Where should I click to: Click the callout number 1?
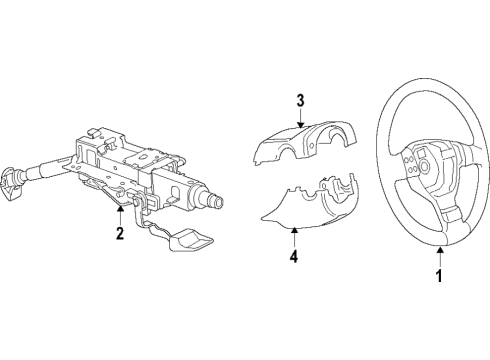click(439, 275)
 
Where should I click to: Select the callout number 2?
click(120, 233)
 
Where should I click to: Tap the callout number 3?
click(300, 100)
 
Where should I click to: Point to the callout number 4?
click(294, 256)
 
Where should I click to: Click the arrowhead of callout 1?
click(440, 249)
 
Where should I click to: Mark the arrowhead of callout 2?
click(120, 208)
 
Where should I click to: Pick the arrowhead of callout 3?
click(300, 125)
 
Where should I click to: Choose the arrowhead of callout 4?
click(294, 230)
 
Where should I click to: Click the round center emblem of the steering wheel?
click(424, 166)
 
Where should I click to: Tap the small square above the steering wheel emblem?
click(420, 153)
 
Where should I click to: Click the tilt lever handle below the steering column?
click(191, 240)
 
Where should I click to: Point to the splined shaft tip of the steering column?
click(217, 201)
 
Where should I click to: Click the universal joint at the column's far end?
click(11, 184)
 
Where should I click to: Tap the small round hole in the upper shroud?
click(311, 146)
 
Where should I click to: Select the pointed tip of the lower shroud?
click(262, 219)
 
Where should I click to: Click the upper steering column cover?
click(304, 142)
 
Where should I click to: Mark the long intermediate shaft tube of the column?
click(47, 169)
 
